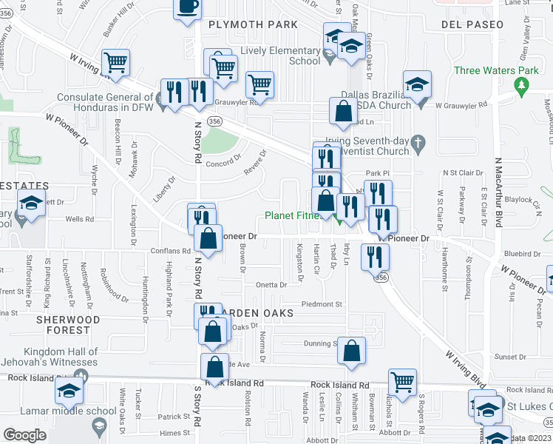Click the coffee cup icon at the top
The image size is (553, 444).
(188, 7)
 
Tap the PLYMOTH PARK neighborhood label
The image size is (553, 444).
(254, 24)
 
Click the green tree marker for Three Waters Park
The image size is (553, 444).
(523, 87)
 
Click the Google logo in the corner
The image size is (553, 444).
(24, 435)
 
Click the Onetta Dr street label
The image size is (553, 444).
(271, 285)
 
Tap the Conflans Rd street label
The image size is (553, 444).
(169, 251)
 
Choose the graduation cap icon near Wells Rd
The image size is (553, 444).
(33, 204)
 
